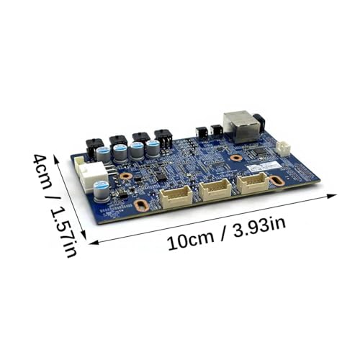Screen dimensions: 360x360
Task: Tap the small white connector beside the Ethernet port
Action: [x=282, y=148]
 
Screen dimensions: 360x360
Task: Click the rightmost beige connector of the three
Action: [x=253, y=182]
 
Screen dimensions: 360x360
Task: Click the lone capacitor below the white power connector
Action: [x=102, y=191]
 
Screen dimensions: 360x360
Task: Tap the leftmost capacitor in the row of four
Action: [x=104, y=155]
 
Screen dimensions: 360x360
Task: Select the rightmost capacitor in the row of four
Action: [x=153, y=148]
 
